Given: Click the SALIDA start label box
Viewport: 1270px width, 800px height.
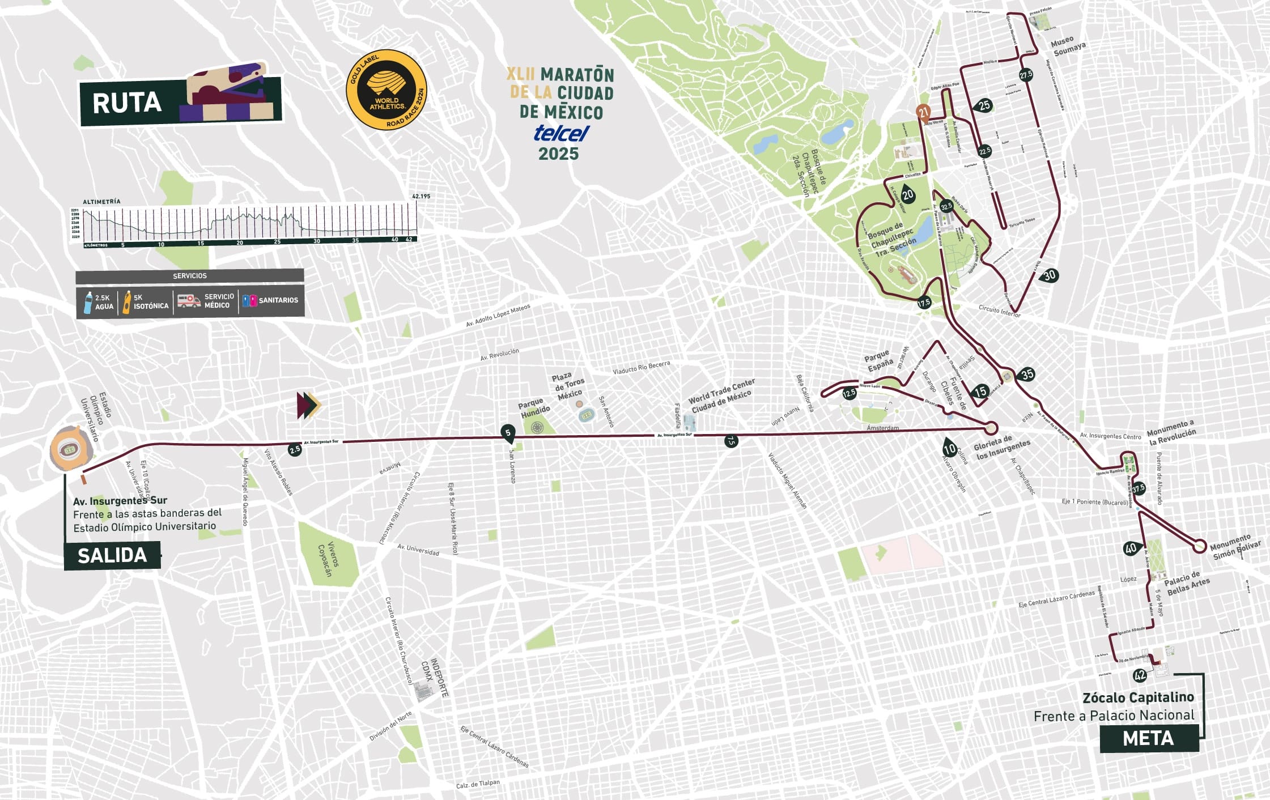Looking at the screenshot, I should (112, 555).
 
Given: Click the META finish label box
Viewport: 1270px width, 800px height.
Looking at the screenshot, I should (1149, 738).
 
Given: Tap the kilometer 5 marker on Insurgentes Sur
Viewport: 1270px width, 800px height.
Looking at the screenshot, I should (508, 433).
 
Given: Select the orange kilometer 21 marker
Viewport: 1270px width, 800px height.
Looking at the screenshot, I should (924, 112).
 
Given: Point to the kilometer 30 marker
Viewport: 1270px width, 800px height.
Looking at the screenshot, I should (1050, 275).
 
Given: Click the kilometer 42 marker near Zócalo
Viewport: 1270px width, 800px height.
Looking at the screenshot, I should (1140, 675).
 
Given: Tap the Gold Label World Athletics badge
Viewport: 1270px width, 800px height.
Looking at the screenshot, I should (386, 90).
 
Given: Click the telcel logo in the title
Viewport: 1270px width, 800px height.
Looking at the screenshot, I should (561, 133).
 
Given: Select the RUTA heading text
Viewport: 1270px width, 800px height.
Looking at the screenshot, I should (127, 103).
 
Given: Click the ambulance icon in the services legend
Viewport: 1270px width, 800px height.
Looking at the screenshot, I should (189, 300).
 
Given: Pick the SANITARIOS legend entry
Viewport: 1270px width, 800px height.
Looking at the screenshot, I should (271, 300).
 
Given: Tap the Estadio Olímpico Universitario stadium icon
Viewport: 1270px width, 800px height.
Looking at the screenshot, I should (70, 449).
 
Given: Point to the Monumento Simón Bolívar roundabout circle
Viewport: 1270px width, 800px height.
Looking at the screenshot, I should (1199, 546).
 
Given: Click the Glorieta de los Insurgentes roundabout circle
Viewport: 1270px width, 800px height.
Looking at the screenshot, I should (991, 427).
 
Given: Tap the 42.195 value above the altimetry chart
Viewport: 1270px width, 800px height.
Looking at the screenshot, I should (420, 196).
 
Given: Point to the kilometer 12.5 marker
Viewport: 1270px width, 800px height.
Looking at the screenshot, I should (849, 393).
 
